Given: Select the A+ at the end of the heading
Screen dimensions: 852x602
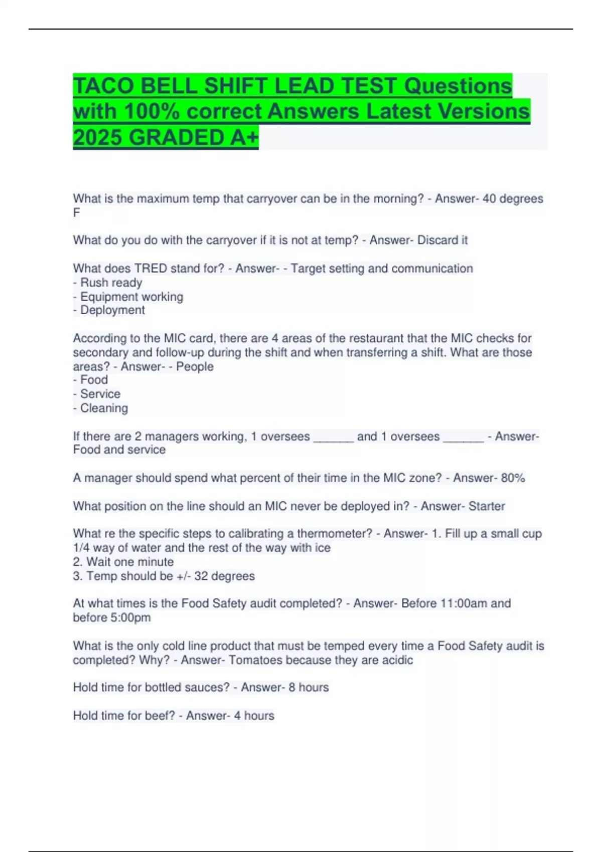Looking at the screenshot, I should pos(244,137).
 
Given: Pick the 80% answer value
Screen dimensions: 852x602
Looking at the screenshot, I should pos(513,478).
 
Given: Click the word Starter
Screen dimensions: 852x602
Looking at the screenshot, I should pos(487,506).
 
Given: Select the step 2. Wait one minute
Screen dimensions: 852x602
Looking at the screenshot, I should pos(123,562).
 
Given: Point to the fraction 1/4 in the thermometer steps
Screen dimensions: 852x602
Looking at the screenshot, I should pos(81,548).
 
